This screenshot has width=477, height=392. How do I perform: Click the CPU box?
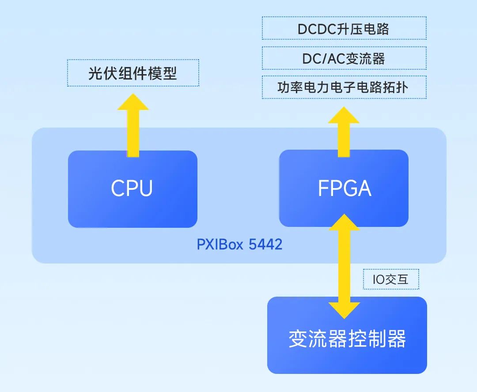pyautogui.click(x=132, y=189)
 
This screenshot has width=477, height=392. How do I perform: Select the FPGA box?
pyautogui.click(x=344, y=188)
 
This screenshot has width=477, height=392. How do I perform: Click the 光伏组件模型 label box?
pyautogui.click(x=132, y=73)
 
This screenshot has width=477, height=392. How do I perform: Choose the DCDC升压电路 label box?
pyautogui.click(x=344, y=29)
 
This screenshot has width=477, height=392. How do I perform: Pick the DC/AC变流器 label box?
pyautogui.click(x=344, y=58)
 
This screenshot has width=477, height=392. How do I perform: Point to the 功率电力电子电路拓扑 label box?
pyautogui.click(x=344, y=87)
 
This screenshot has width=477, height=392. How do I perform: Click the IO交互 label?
pyautogui.click(x=390, y=279)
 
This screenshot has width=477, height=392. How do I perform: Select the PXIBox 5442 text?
pyautogui.click(x=239, y=244)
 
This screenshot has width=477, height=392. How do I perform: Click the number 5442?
pyautogui.click(x=265, y=244)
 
